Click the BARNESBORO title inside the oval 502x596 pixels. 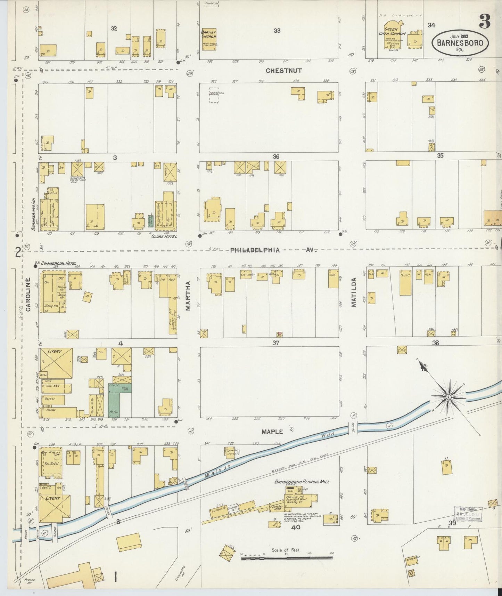tap(460, 43)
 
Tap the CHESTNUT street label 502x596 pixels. tap(283, 71)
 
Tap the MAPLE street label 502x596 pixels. tap(272, 432)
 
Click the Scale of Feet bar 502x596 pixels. tap(287, 558)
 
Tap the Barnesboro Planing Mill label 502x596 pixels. tap(302, 482)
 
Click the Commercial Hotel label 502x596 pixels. tap(58, 264)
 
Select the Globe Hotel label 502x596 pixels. tap(164, 236)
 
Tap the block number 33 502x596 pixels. tap(277, 31)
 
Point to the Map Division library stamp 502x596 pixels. tap(468, 514)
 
